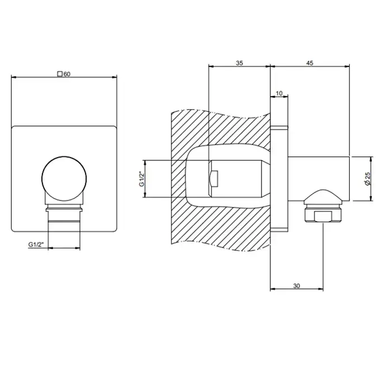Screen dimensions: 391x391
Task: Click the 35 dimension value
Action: [x=239, y=63]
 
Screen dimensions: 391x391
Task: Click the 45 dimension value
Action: [x=309, y=63]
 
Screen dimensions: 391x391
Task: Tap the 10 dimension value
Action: [x=279, y=93]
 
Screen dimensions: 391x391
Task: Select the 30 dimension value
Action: [x=297, y=286]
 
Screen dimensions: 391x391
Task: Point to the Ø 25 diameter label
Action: [x=368, y=179]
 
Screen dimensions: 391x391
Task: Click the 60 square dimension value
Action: [x=67, y=74]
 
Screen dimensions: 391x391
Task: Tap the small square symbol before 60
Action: [x=60, y=74]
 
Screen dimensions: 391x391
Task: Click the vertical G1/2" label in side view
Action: [x=142, y=179]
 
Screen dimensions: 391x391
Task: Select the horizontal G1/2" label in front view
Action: [x=36, y=245]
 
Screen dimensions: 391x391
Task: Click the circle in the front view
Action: [x=64, y=156]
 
